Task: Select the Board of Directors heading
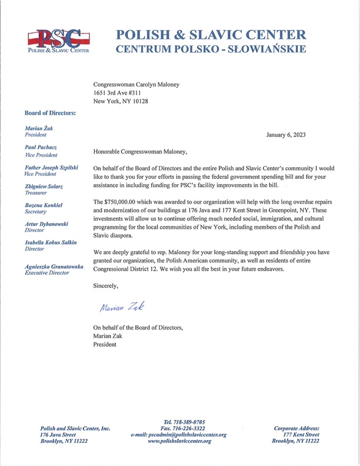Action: pos(50,112)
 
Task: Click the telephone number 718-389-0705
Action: pos(184,421)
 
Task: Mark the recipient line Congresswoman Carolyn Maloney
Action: pos(136,84)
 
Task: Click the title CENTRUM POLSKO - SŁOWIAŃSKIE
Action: pos(210,50)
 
